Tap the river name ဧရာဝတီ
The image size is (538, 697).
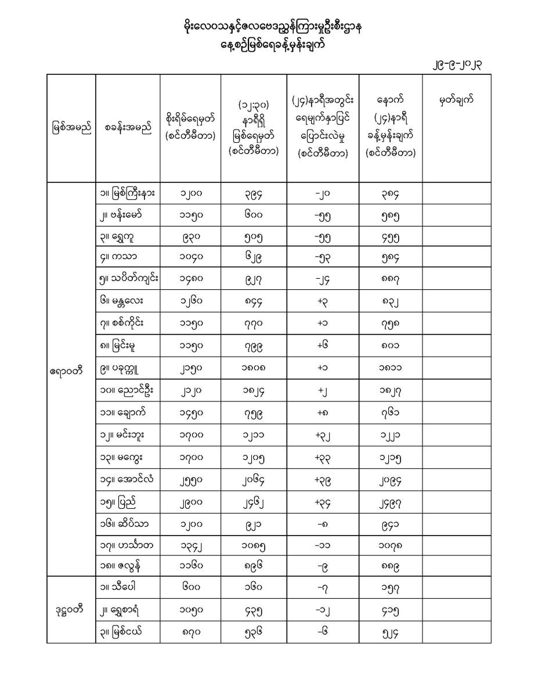(71, 369)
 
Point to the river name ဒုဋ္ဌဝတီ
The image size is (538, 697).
(71, 610)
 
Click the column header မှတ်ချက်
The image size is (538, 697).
(456, 100)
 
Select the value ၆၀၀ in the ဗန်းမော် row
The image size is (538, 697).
(253, 215)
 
